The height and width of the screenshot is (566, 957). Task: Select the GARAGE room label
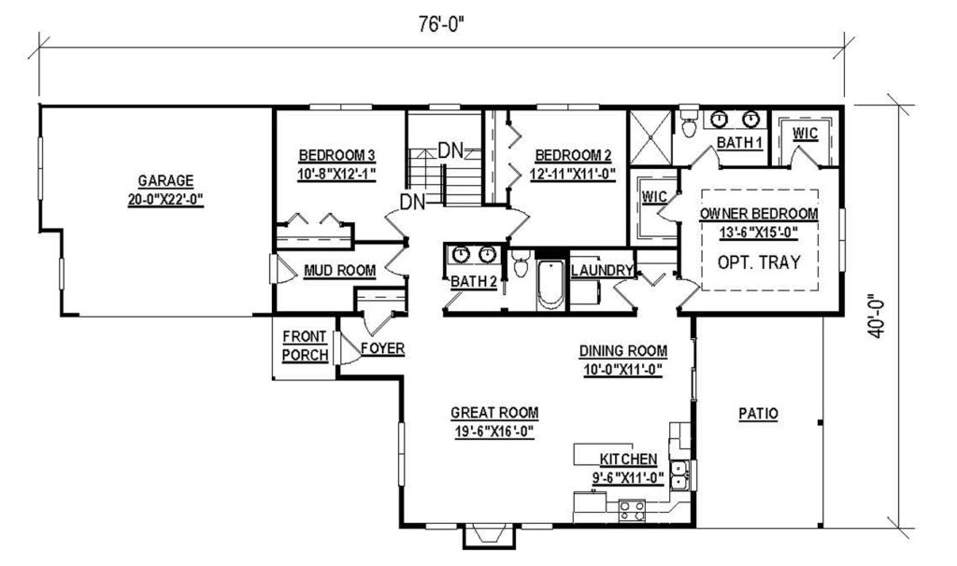[x=165, y=180]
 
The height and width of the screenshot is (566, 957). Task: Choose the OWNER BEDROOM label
[x=758, y=214]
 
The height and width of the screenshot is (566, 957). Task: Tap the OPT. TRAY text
[x=759, y=262]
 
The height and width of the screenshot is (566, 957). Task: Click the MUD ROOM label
[x=339, y=271]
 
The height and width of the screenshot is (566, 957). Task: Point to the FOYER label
[x=382, y=349]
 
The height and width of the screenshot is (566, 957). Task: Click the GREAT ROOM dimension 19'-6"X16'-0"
[x=494, y=431]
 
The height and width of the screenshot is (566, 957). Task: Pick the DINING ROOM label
[x=622, y=351]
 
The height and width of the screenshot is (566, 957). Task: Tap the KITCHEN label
[x=628, y=460]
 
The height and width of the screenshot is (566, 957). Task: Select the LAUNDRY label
[x=602, y=271]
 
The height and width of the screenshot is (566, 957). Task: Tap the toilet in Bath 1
[x=689, y=120]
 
